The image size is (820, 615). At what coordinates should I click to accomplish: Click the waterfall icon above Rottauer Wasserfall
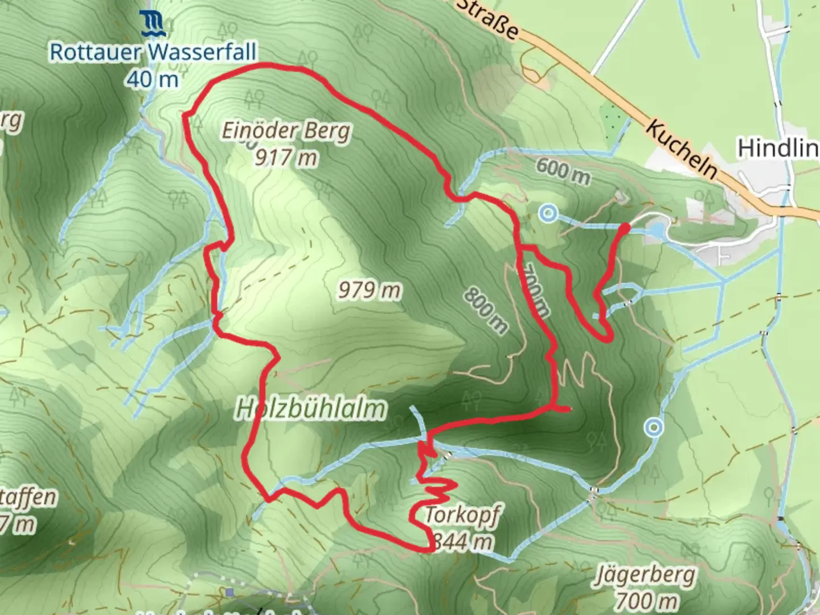(x=153, y=23)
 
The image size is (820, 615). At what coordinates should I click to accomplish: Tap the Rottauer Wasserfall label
(x=153, y=52)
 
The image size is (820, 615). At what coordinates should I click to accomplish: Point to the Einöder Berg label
(x=286, y=132)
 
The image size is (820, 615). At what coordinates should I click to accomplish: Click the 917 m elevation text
(x=286, y=157)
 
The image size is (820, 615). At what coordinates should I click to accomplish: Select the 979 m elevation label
(x=370, y=290)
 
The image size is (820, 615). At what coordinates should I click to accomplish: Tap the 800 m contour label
(x=485, y=310)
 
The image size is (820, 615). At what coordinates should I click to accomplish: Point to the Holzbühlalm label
(x=311, y=409)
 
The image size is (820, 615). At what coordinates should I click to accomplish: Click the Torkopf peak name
(x=462, y=515)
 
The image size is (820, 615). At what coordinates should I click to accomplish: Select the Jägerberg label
(x=646, y=575)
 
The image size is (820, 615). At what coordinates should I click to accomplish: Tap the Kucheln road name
(x=680, y=148)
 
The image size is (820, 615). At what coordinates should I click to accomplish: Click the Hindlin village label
(x=778, y=148)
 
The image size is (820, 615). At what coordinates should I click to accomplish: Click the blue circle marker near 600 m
(x=548, y=214)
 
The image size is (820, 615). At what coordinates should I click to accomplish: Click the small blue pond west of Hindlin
(x=656, y=231)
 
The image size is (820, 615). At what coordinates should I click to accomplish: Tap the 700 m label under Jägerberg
(x=646, y=600)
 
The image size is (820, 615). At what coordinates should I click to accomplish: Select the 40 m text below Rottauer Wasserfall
(x=153, y=79)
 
